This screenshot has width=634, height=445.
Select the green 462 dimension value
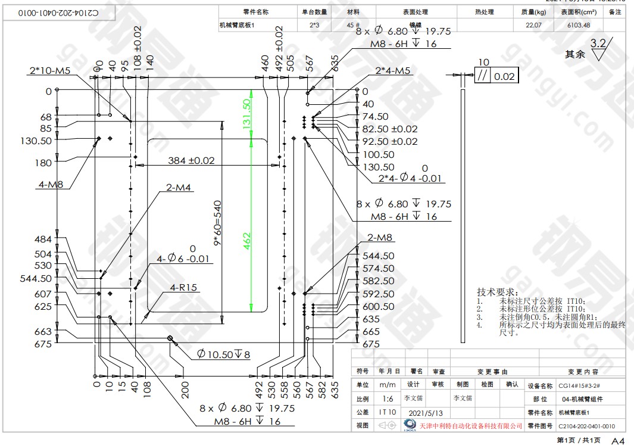tap(246, 239)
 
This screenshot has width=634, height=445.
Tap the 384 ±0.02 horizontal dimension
tap(191, 161)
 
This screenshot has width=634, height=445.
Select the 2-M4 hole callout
tap(179, 188)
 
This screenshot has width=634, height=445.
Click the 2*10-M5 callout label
tap(50, 71)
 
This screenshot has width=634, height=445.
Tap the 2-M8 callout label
tap(380, 238)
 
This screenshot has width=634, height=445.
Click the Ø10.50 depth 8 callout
tap(224, 354)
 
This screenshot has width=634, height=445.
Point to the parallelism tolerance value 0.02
tap(504, 76)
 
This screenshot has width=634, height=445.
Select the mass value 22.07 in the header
tap(533, 25)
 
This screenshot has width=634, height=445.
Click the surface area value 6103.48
tap(578, 25)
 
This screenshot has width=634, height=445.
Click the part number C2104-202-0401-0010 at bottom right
tap(586, 426)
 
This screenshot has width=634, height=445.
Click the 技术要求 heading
tap(497, 292)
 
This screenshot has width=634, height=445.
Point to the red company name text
tap(471, 426)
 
